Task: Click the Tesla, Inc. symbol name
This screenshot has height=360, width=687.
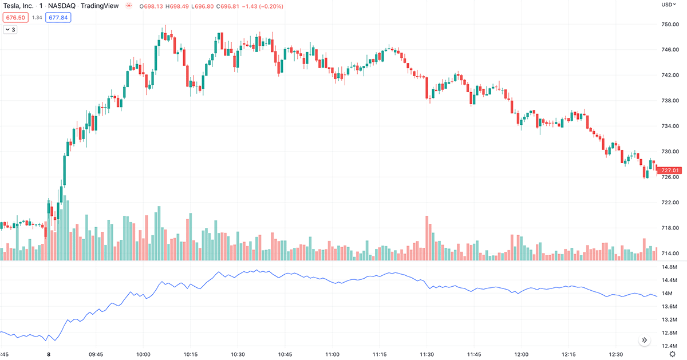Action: coord(18,6)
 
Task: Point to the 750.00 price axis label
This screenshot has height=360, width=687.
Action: coord(670,24)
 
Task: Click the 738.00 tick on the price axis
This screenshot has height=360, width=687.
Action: coord(670,101)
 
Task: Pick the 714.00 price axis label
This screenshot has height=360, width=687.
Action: coord(670,254)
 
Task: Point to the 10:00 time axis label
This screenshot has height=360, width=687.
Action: coord(143,355)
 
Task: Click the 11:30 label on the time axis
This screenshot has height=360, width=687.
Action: coord(427,355)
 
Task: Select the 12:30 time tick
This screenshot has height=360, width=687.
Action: coord(616,355)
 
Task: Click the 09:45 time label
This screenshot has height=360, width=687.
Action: coord(96,355)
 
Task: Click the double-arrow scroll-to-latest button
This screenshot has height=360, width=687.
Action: coord(644,340)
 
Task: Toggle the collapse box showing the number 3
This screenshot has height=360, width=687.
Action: coord(10,30)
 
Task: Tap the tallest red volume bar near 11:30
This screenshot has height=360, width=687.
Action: coord(427,238)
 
